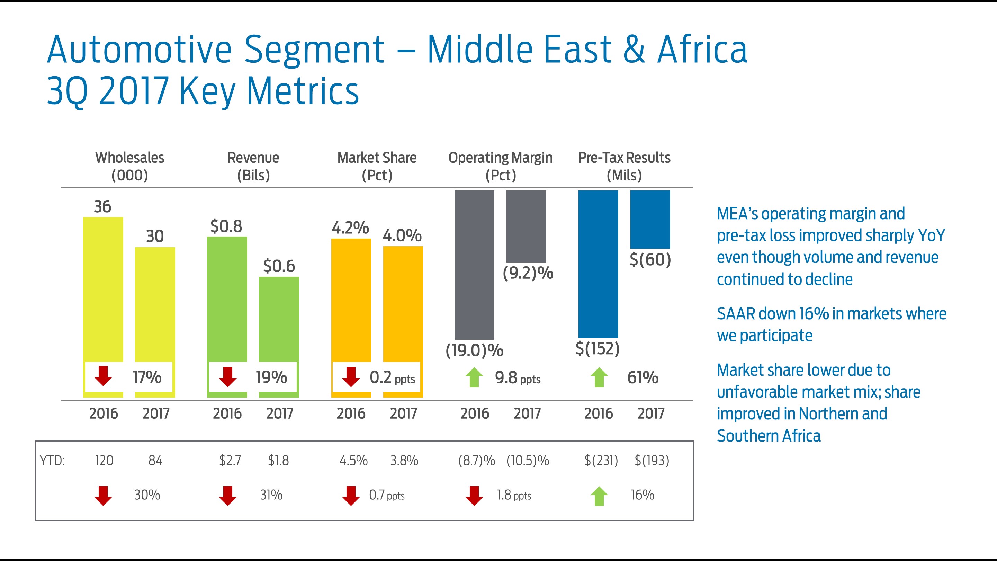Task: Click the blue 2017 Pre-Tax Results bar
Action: [650, 219]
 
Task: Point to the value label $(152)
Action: [597, 348]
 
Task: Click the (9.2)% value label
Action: [528, 273]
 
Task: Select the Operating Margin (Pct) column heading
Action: [501, 166]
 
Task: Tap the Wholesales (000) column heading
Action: [130, 166]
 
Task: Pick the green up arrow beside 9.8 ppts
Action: [474, 377]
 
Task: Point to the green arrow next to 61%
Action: [599, 377]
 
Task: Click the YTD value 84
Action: [155, 460]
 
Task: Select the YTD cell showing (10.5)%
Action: [528, 460]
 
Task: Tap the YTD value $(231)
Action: [601, 460]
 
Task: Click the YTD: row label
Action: [52, 460]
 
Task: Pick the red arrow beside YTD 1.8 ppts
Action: [474, 496]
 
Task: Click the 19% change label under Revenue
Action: [271, 377]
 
